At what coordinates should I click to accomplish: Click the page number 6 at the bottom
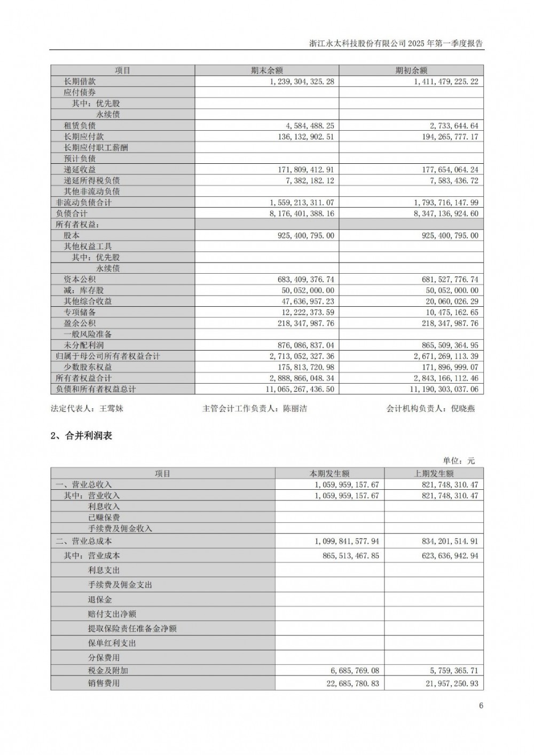(481, 705)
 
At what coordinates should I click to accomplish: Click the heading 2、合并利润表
(81, 435)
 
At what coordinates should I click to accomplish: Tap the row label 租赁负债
(80, 125)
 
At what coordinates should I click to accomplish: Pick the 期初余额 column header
(411, 70)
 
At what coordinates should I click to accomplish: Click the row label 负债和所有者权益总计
(96, 389)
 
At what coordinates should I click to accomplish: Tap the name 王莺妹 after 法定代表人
(112, 409)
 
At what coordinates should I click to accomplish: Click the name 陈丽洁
(295, 409)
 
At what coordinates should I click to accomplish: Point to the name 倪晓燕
(462, 409)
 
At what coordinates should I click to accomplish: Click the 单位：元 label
(458, 460)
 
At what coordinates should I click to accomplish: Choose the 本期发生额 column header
(329, 473)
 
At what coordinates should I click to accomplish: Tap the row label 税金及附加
(108, 670)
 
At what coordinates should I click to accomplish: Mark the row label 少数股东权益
(88, 367)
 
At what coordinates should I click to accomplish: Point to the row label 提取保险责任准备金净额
(132, 629)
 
